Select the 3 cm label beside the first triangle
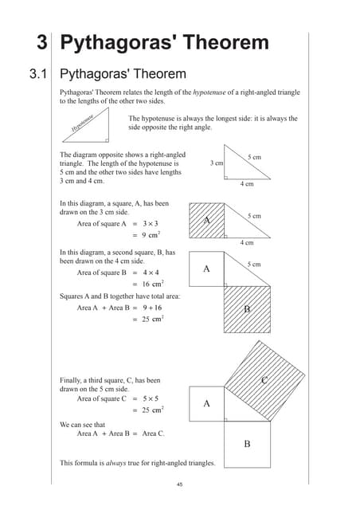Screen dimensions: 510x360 point(216,163)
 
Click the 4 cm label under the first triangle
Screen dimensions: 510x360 point(247,184)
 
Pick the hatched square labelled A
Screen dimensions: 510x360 point(206,220)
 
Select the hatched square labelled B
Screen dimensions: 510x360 point(247,308)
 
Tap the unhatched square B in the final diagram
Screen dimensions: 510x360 point(247,443)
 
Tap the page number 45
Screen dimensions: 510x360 point(180,484)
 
